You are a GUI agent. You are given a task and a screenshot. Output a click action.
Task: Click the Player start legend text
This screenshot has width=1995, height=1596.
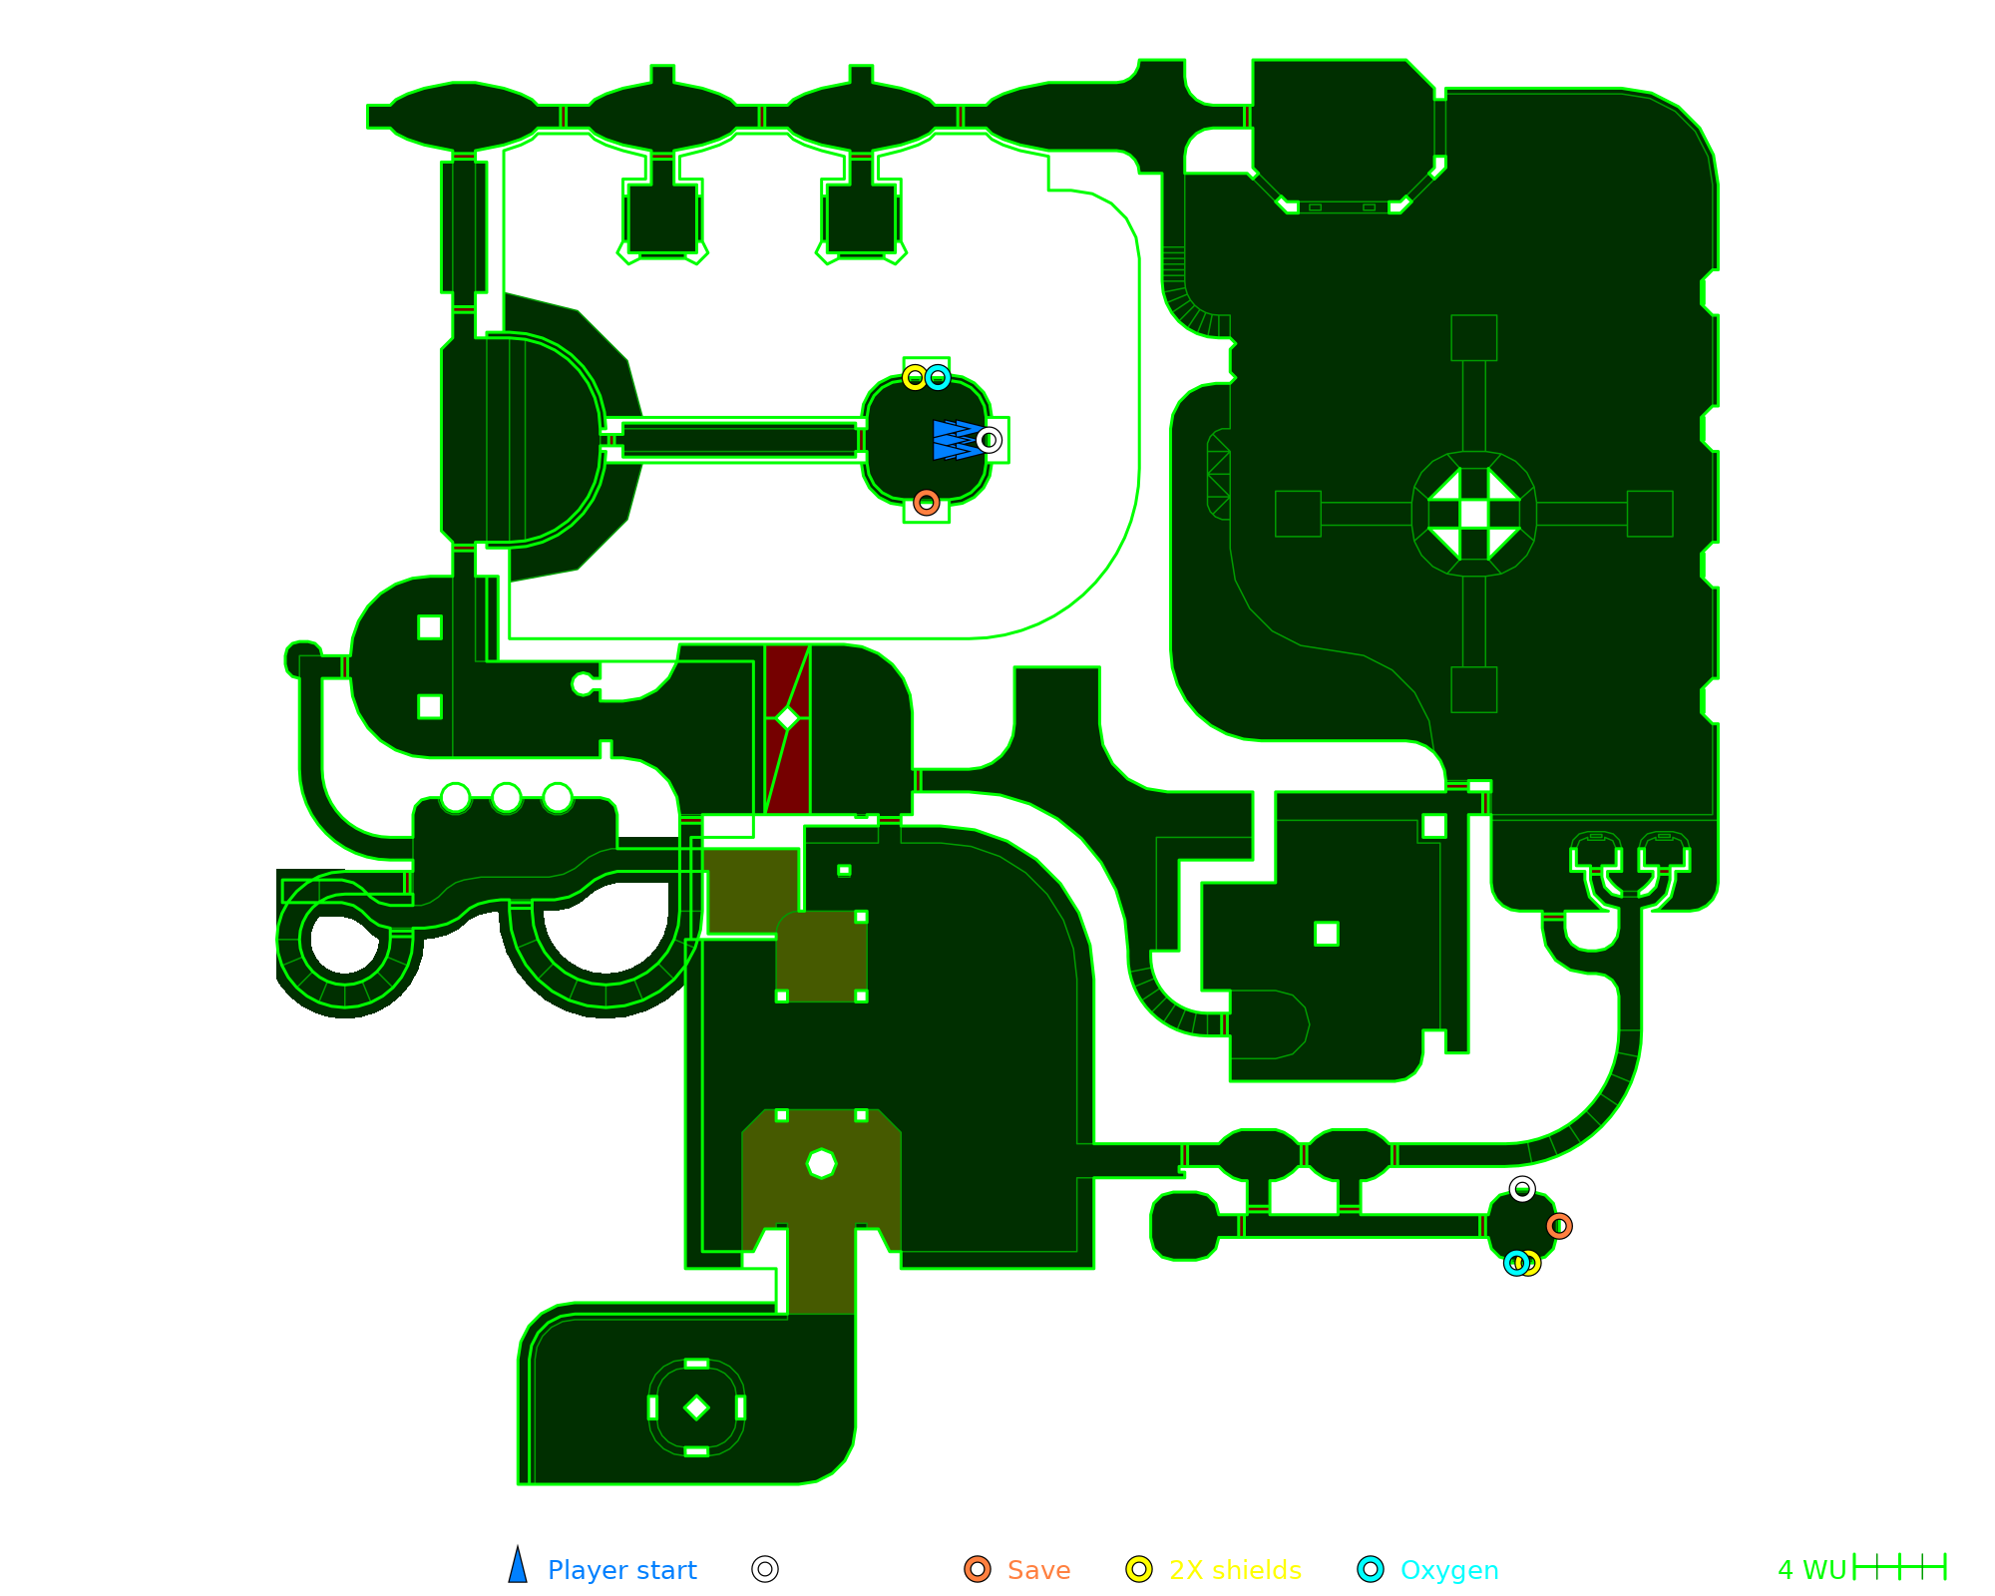click(x=621, y=1570)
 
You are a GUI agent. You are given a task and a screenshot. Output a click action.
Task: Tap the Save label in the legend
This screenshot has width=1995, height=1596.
click(x=1038, y=1570)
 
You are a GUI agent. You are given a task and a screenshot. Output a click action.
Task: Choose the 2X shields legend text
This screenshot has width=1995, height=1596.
click(x=1235, y=1570)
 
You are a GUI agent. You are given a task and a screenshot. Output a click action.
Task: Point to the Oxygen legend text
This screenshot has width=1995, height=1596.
click(x=1448, y=1570)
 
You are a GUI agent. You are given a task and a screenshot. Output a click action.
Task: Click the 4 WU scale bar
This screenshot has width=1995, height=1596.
click(x=1899, y=1567)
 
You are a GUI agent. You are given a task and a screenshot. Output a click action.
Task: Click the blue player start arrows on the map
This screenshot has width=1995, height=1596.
click(x=955, y=440)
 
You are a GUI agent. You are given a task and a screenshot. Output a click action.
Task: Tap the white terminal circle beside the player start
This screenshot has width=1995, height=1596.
click(x=989, y=440)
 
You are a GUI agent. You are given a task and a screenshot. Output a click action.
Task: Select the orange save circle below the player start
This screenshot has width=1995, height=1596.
click(x=927, y=502)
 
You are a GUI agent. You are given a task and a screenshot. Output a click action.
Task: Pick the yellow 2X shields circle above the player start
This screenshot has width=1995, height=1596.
click(x=915, y=378)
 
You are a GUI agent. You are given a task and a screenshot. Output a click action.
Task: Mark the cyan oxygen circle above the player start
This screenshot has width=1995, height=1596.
click(x=938, y=378)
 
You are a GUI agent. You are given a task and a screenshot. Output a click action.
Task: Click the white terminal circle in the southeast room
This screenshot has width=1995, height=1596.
click(x=1522, y=1189)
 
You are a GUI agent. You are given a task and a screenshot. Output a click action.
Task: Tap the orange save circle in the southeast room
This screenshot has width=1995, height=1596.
click(x=1559, y=1226)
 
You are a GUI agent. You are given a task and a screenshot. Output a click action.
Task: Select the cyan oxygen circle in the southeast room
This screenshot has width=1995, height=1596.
click(x=1516, y=1263)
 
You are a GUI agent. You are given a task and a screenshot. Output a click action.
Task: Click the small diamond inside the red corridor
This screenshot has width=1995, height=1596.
click(x=788, y=718)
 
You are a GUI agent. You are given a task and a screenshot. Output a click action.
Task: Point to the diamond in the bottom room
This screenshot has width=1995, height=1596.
click(x=696, y=1407)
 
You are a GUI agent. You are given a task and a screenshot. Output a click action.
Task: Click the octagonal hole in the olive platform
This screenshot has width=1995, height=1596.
click(x=821, y=1163)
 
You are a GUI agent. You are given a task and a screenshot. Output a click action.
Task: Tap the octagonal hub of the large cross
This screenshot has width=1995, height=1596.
click(x=1473, y=514)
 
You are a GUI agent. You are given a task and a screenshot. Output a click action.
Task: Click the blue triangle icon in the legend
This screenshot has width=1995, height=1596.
click(x=518, y=1567)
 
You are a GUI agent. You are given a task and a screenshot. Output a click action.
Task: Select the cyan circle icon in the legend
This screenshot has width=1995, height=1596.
click(x=1371, y=1569)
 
